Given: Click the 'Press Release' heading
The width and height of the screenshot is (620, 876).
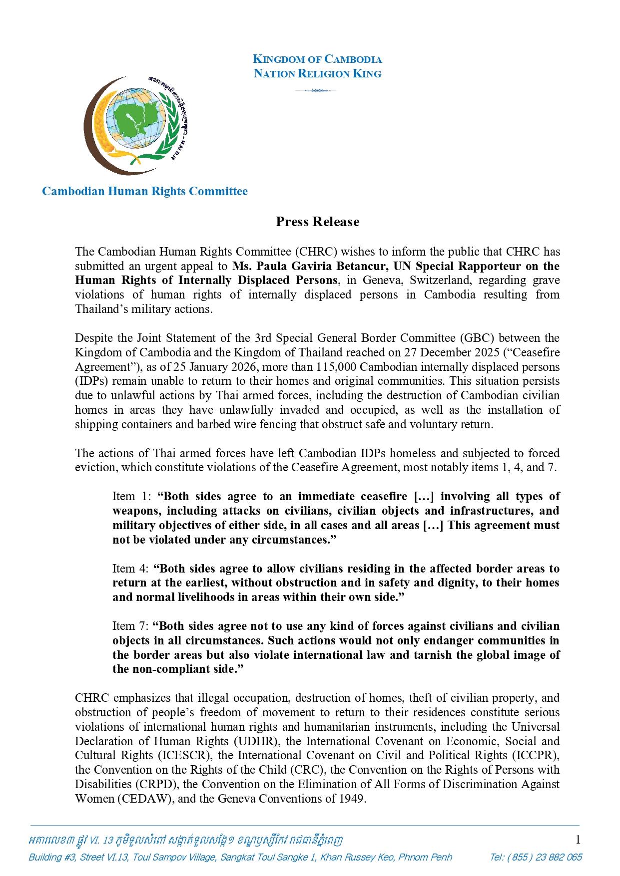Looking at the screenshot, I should click(x=317, y=222).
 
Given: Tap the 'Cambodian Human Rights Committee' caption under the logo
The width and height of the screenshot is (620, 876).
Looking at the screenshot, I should click(x=144, y=191).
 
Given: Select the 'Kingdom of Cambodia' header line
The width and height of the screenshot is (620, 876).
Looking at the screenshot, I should click(x=317, y=59).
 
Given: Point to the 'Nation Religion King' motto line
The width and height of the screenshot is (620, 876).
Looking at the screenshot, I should click(x=317, y=74).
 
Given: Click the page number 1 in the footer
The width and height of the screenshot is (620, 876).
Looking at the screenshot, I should click(x=578, y=840).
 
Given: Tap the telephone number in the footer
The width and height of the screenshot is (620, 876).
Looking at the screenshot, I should click(x=536, y=858).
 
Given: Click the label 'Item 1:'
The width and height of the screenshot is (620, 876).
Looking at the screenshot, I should click(x=131, y=496).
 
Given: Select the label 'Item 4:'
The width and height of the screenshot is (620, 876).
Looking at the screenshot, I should click(x=131, y=569).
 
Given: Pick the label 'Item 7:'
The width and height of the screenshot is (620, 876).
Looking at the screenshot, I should click(x=131, y=626).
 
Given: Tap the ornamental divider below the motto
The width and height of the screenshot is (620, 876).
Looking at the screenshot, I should click(x=315, y=90).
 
